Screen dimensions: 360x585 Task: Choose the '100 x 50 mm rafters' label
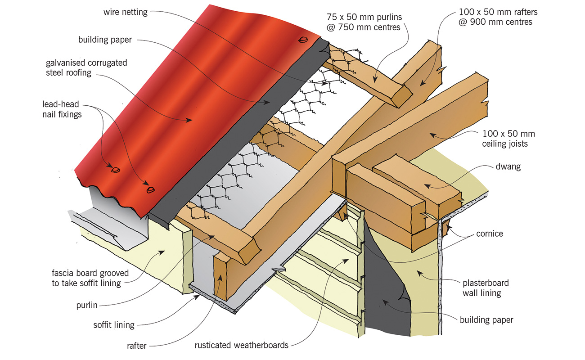(x=495, y=17)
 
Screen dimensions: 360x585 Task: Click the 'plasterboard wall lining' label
(x=486, y=288)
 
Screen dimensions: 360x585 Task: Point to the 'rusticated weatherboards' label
(x=241, y=346)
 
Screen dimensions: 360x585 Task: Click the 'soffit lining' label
(x=113, y=324)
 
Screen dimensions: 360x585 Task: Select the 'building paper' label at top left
(x=104, y=40)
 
